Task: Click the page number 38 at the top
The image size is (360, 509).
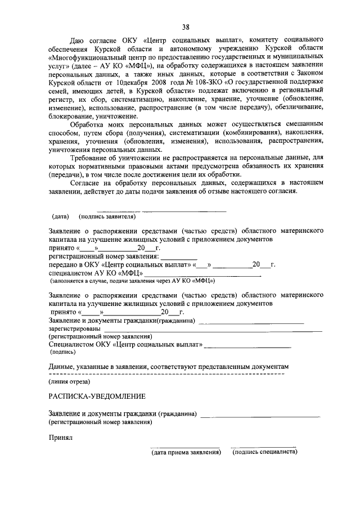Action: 186,26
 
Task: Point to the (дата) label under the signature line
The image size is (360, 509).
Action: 60,216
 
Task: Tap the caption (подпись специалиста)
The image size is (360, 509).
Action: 264,452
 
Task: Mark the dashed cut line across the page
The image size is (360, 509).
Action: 166,373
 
